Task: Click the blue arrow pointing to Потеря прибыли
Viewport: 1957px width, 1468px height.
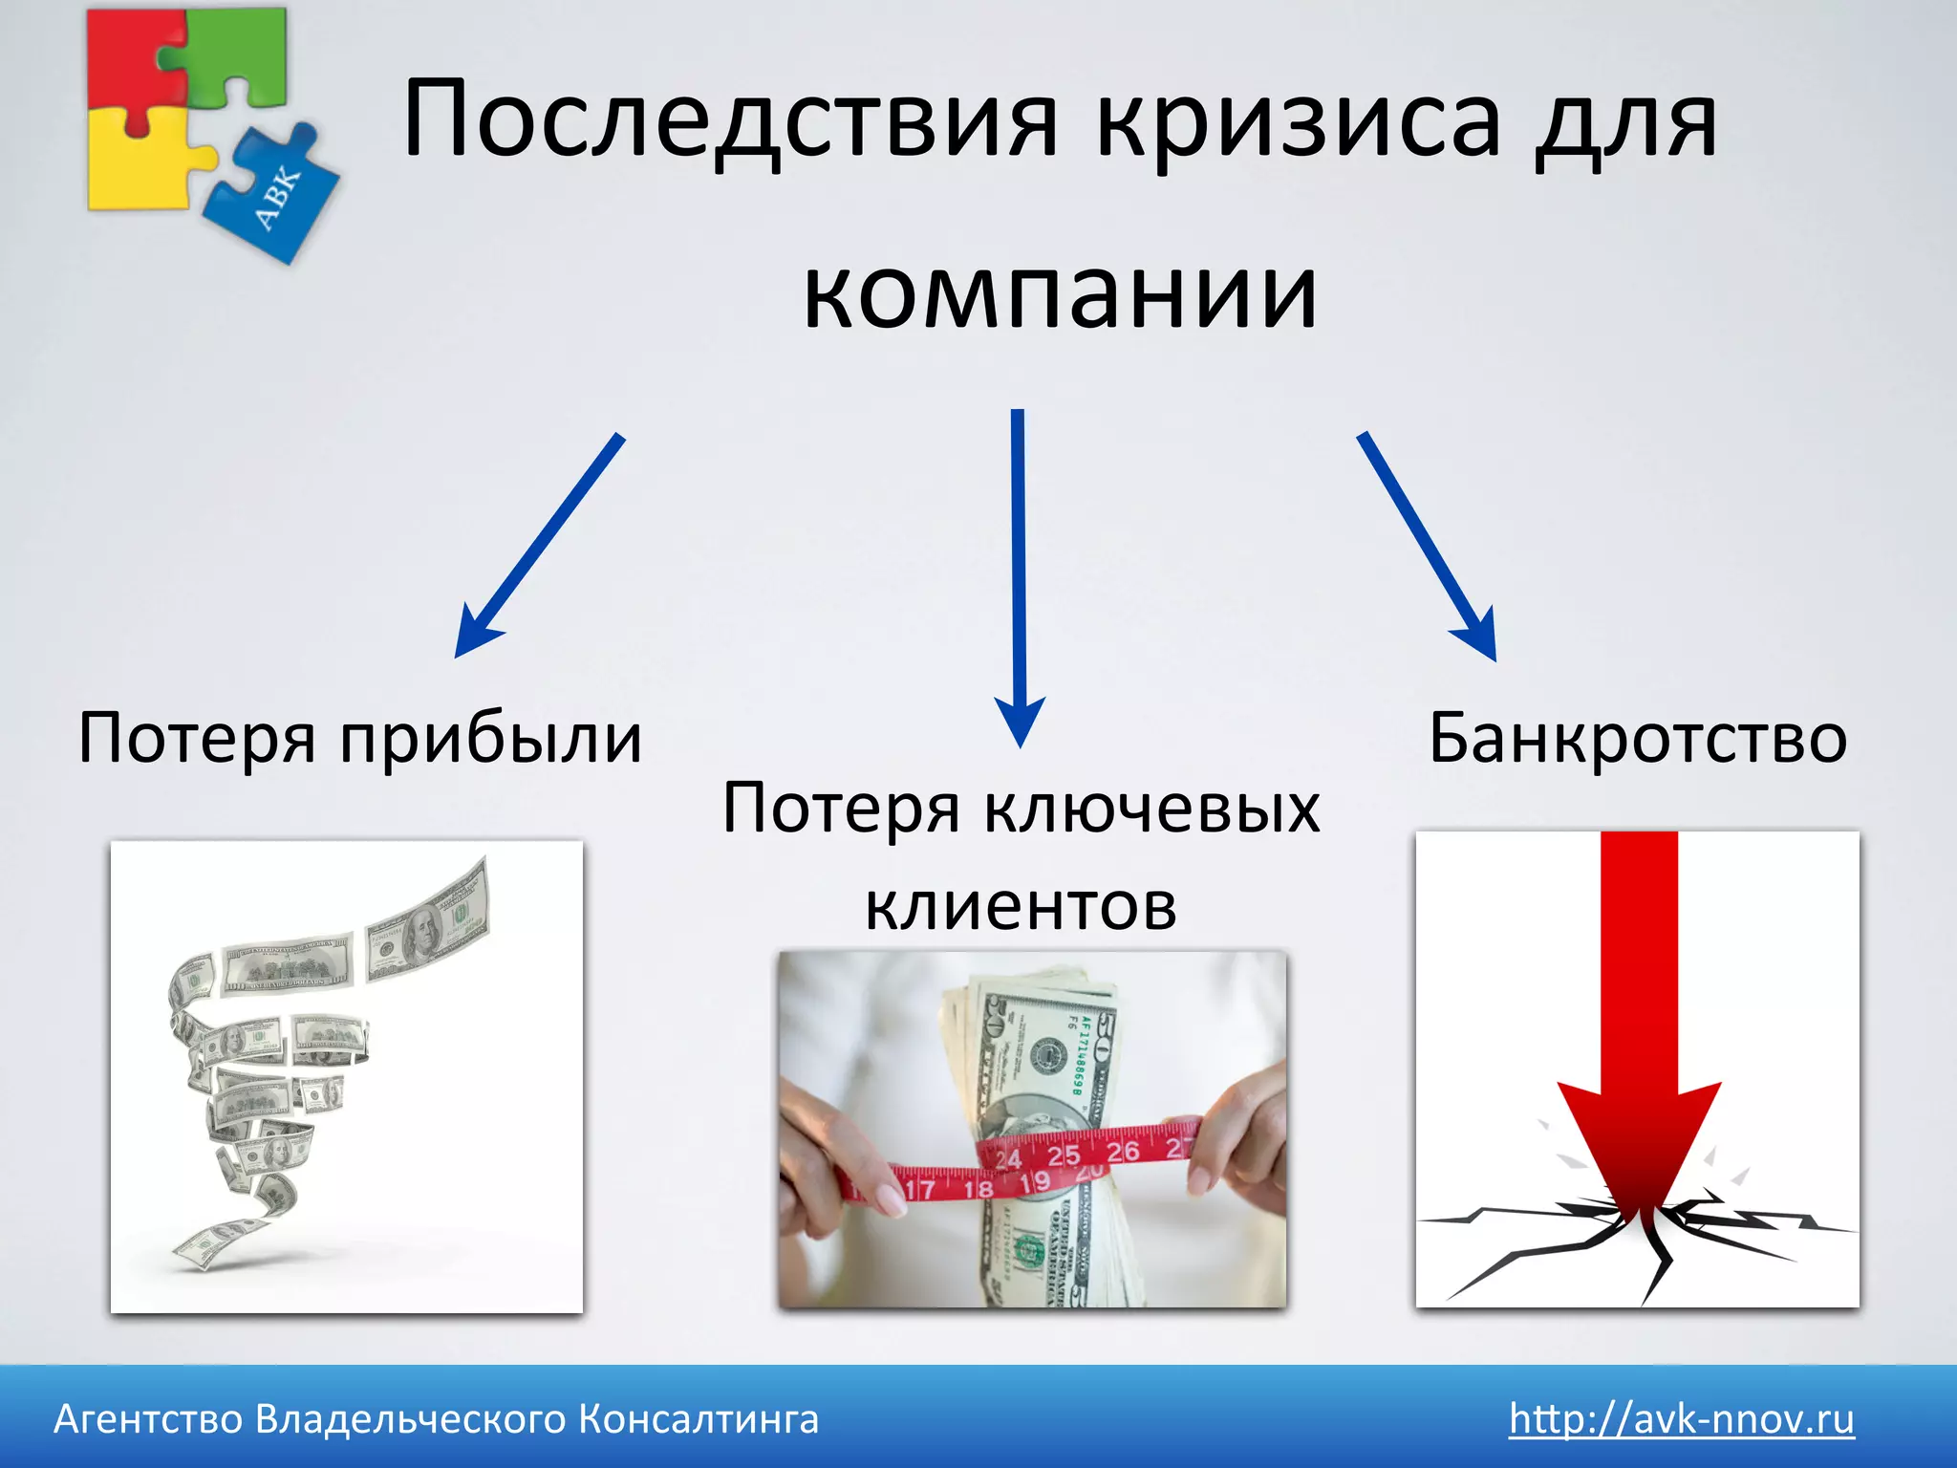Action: point(540,545)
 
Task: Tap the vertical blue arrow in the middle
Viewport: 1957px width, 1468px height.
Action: point(1019,573)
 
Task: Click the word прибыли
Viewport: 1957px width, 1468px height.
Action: point(492,739)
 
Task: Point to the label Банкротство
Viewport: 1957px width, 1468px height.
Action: point(1638,739)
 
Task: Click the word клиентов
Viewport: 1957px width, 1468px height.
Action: point(1021,906)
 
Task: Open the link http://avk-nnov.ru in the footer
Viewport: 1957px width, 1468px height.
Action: point(1681,1418)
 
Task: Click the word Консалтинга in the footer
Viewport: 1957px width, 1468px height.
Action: point(699,1418)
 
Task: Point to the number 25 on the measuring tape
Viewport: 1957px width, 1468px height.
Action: point(1064,1155)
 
